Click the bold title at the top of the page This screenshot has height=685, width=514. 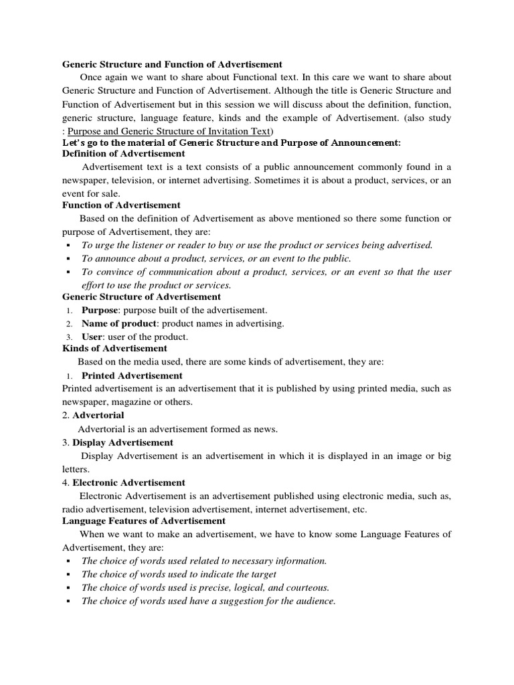pyautogui.click(x=172, y=64)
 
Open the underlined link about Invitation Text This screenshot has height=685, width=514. pyautogui.click(x=171, y=130)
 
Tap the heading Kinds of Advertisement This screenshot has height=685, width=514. pyautogui.click(x=114, y=349)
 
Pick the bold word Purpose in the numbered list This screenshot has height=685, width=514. pyautogui.click(x=100, y=310)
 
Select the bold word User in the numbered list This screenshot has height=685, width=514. pyautogui.click(x=92, y=336)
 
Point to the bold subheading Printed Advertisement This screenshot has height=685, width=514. pyautogui.click(x=132, y=375)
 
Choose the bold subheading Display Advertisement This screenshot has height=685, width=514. pyautogui.click(x=122, y=442)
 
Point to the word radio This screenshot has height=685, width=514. pyautogui.click(x=73, y=509)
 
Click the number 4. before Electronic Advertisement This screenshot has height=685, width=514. pyautogui.click(x=66, y=482)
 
